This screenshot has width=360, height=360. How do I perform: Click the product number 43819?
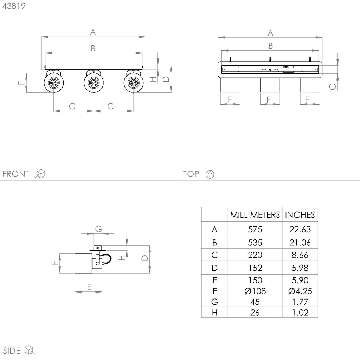tap(14, 6)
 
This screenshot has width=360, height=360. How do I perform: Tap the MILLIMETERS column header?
tap(255, 215)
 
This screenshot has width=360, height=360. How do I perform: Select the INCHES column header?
tap(300, 215)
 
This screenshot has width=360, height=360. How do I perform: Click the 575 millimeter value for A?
tap(255, 229)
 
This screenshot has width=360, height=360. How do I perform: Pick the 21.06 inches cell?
tap(300, 243)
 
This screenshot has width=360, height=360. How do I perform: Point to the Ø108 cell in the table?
tap(255, 291)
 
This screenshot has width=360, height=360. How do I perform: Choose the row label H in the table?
tap(214, 313)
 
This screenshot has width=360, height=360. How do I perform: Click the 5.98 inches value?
tap(300, 268)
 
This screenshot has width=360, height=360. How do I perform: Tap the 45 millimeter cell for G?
tap(255, 302)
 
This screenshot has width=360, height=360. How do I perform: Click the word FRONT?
tap(15, 174)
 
